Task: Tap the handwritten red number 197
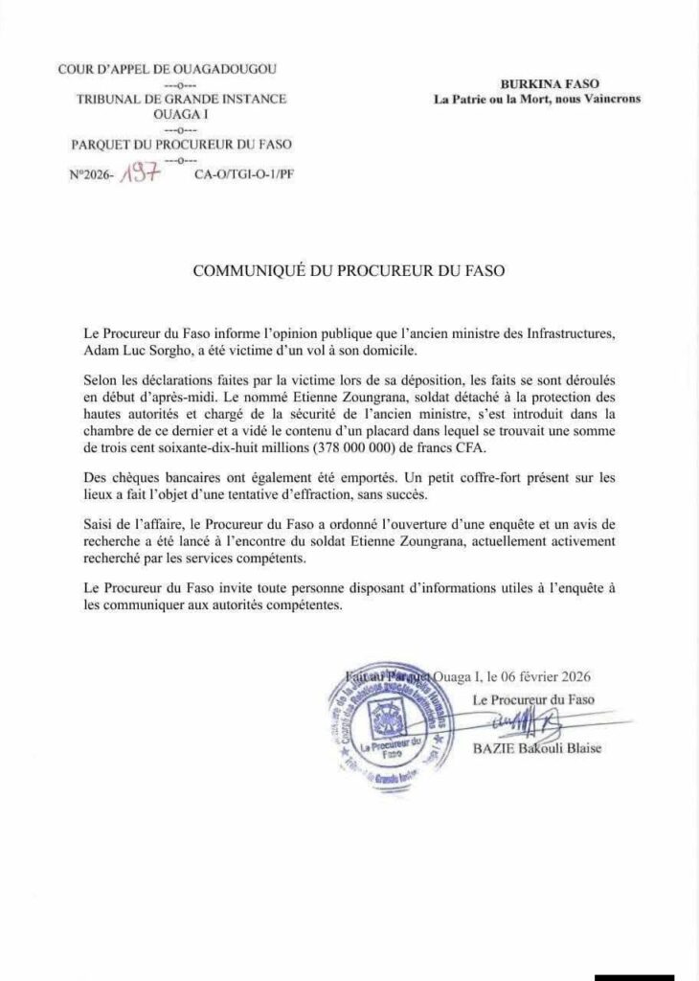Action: (x=135, y=175)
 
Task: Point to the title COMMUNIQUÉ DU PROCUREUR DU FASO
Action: (x=349, y=271)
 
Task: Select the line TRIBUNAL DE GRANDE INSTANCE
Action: (x=179, y=99)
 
